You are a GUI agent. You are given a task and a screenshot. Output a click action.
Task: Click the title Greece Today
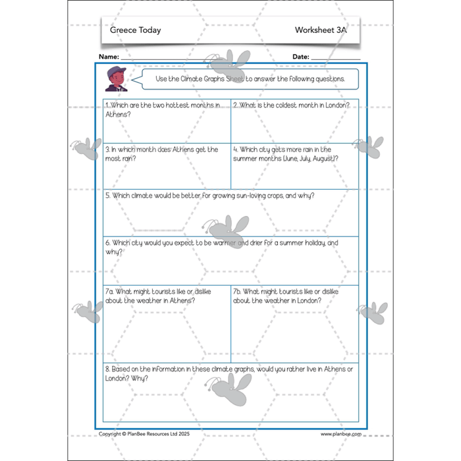click(x=136, y=30)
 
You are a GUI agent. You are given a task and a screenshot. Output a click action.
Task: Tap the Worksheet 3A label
click(x=321, y=30)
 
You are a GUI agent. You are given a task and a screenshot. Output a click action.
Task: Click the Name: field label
click(x=109, y=57)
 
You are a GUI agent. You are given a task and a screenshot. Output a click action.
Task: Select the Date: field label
click(x=300, y=57)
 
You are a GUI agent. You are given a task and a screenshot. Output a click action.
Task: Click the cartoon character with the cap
click(x=116, y=79)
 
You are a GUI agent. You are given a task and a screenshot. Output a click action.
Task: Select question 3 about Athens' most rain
click(x=161, y=154)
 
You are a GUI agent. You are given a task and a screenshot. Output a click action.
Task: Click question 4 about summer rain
click(x=290, y=154)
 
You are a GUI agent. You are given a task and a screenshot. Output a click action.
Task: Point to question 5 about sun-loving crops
click(x=209, y=196)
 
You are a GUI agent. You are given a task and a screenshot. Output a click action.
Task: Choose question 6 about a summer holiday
click(x=221, y=247)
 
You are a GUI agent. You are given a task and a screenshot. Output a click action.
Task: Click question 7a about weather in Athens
click(x=158, y=296)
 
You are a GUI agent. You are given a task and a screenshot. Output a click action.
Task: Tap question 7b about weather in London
click(x=285, y=296)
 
